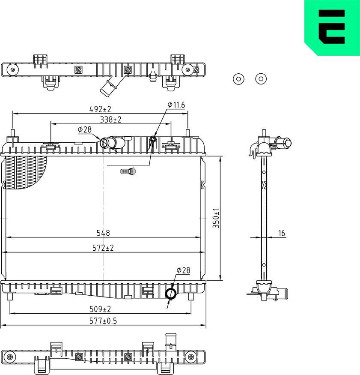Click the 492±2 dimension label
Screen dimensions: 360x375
coord(100,109)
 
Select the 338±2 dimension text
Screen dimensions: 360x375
coord(110,120)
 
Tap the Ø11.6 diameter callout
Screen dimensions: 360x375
coord(176,105)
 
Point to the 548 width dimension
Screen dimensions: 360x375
coord(103,233)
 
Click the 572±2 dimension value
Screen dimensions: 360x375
coord(103,248)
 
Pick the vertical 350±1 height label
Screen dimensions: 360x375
coord(216,218)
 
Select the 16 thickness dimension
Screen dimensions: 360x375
coord(282,233)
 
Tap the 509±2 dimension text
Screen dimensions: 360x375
coord(100,309)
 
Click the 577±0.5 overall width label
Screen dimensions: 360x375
coord(103,321)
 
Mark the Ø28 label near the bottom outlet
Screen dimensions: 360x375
coord(183,270)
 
